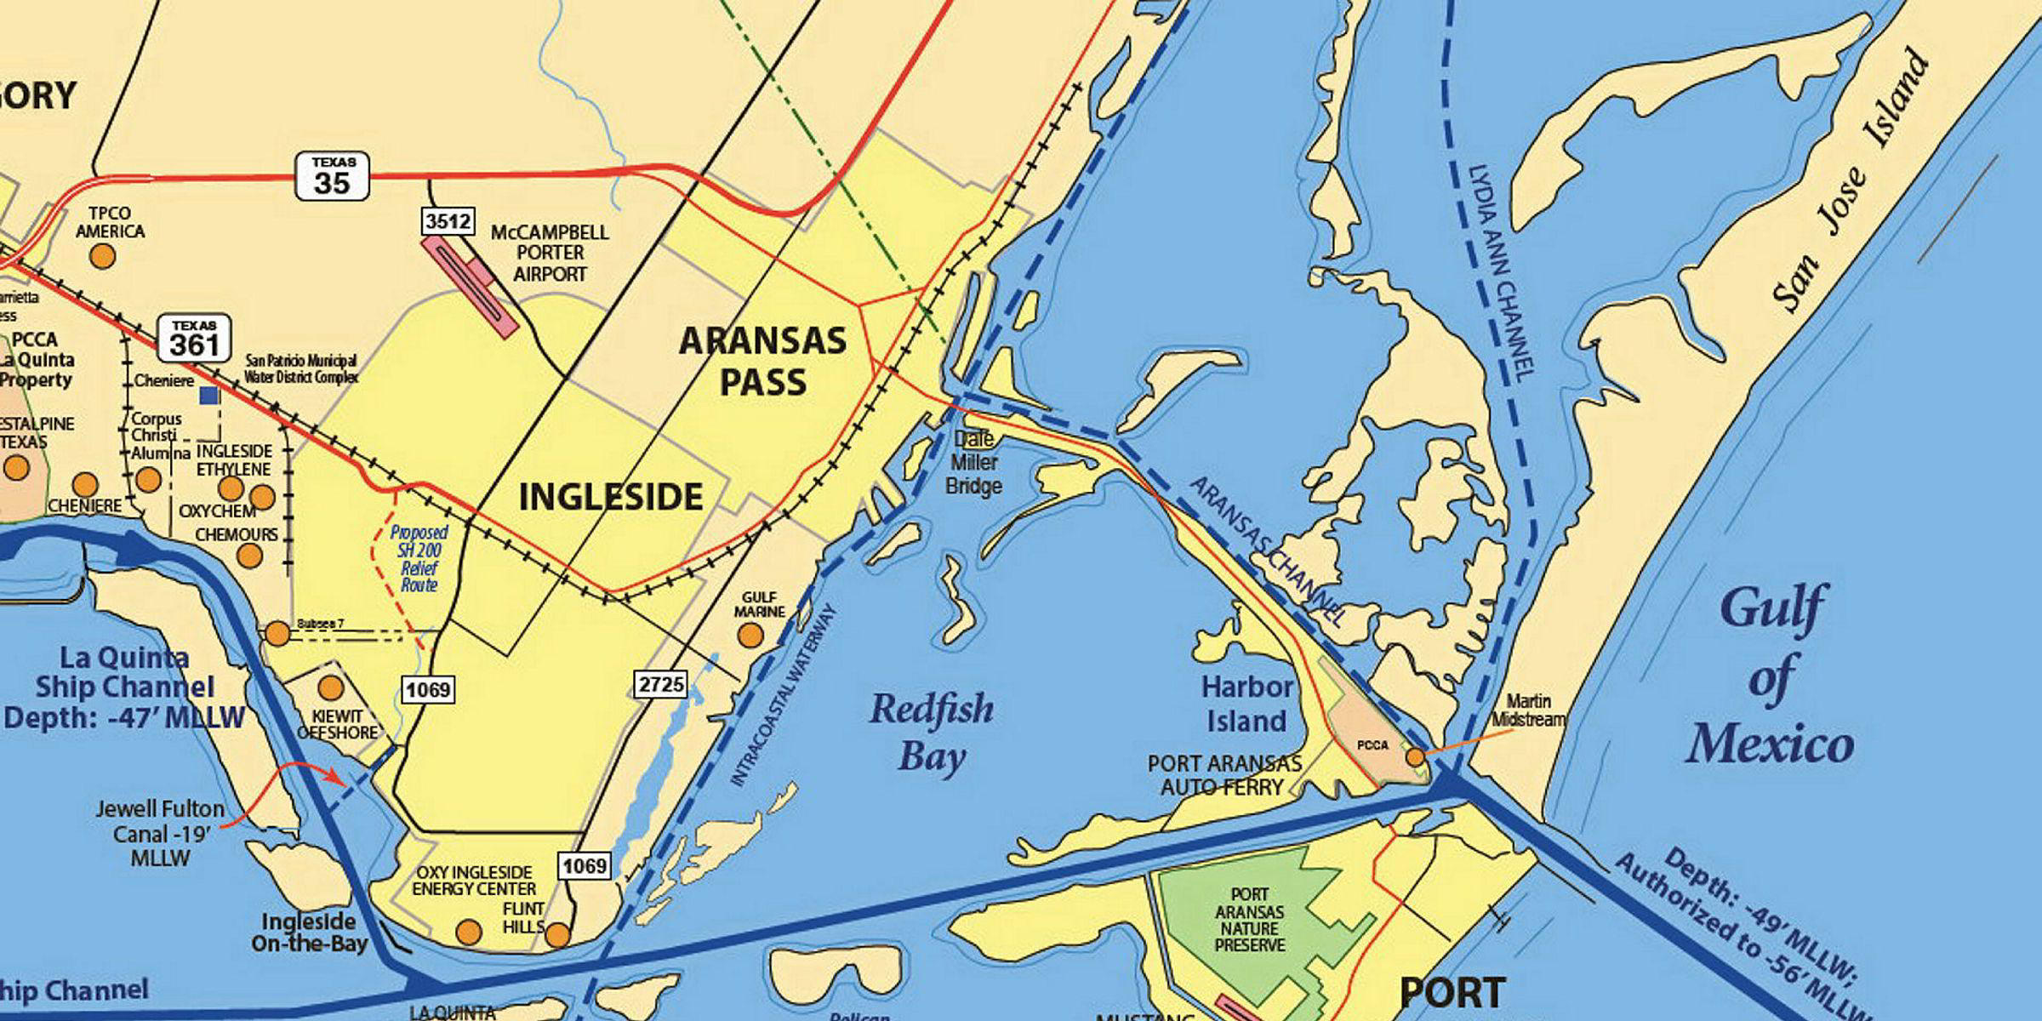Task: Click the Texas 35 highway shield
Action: (x=332, y=176)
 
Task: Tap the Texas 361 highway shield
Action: (x=193, y=338)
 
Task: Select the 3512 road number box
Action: (x=448, y=222)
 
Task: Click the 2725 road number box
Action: (x=660, y=684)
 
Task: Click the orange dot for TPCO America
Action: (x=103, y=255)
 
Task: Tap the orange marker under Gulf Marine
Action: (x=750, y=635)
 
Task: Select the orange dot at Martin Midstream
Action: (x=1415, y=756)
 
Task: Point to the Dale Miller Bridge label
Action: (x=974, y=463)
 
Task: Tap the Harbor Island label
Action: (x=1246, y=704)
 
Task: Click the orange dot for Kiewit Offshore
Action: (x=330, y=687)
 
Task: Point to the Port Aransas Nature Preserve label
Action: (x=1249, y=920)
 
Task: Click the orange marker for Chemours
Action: (x=249, y=556)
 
